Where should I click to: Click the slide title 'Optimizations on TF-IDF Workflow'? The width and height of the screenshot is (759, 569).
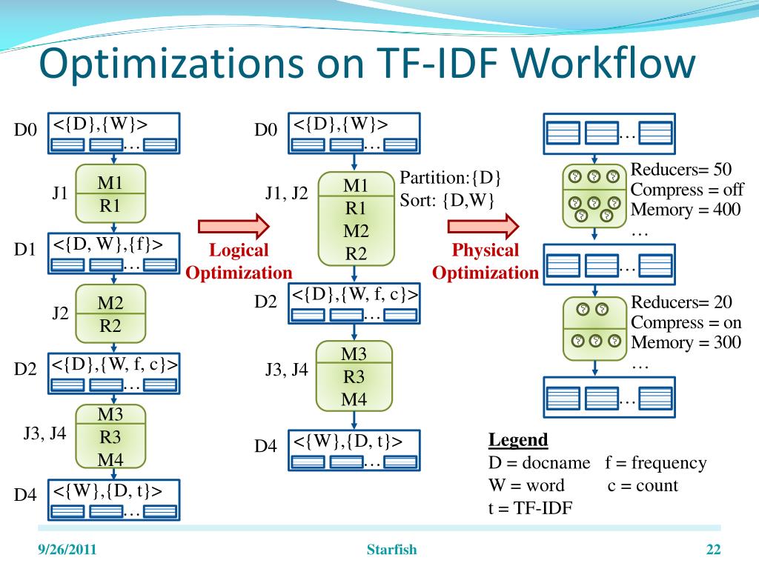(x=368, y=64)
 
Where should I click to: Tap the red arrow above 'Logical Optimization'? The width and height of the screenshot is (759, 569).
(x=232, y=225)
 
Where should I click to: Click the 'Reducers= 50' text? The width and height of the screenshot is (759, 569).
(x=680, y=170)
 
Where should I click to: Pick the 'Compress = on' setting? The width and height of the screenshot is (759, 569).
(x=686, y=322)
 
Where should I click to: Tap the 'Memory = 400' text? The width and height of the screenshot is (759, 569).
(x=686, y=210)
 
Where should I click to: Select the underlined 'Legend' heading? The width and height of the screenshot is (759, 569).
(x=518, y=440)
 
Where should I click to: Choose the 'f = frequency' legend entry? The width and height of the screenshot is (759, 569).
(x=656, y=463)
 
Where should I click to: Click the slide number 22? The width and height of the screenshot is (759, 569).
(x=714, y=550)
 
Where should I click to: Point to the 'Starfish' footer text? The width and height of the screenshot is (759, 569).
(x=392, y=550)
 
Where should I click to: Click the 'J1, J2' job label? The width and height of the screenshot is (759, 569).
(x=286, y=194)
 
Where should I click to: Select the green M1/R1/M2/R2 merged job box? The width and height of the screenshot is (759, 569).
(x=356, y=219)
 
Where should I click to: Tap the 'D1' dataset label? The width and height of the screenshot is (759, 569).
(x=25, y=250)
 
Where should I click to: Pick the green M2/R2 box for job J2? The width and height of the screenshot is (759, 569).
(x=110, y=313)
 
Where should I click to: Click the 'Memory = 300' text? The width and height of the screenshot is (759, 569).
(x=686, y=343)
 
